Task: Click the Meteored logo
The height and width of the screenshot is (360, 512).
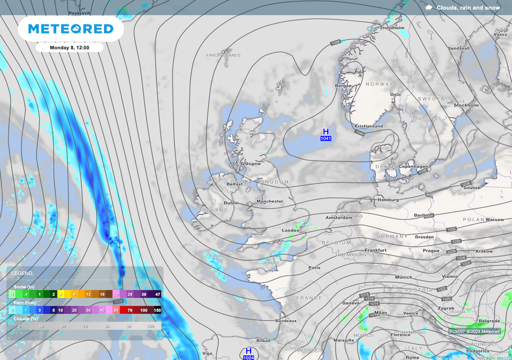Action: [x=71, y=29]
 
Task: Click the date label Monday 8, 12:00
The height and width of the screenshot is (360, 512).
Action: [x=69, y=47]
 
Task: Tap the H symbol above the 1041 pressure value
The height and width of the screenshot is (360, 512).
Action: [x=326, y=131]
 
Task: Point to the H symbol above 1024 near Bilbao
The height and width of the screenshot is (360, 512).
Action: [x=248, y=351]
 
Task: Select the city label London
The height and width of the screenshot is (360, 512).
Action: [x=291, y=230]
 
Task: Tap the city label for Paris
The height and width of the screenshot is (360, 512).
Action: [x=314, y=268]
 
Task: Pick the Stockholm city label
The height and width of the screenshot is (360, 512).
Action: [x=466, y=105]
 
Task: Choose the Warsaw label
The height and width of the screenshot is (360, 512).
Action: [x=494, y=219]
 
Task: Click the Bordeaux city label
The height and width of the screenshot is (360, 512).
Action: [x=286, y=321]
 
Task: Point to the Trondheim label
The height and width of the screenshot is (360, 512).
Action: [x=392, y=28]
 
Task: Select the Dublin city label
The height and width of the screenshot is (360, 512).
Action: [x=231, y=203]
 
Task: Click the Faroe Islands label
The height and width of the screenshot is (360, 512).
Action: [x=223, y=55]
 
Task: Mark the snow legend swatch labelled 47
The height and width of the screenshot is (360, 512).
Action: [x=157, y=294]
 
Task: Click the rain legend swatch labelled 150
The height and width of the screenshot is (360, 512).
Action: [x=157, y=310]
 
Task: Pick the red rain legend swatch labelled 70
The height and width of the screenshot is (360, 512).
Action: [x=130, y=310]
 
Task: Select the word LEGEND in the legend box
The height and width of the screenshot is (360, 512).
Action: [x=22, y=273]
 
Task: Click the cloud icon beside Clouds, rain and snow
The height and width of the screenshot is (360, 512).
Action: [x=429, y=7]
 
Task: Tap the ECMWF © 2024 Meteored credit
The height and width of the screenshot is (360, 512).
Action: [x=474, y=331]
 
